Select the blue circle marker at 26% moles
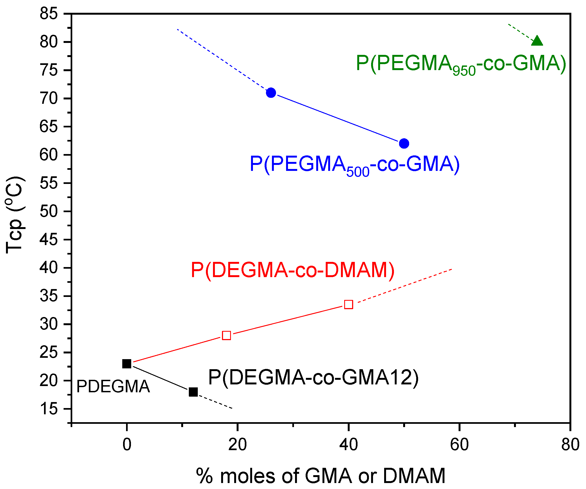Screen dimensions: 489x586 pyautogui.click(x=271, y=93)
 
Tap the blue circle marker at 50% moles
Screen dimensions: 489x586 pyautogui.click(x=404, y=143)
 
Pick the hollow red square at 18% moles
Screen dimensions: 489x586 pyautogui.click(x=226, y=336)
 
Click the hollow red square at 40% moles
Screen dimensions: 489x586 pyautogui.click(x=349, y=305)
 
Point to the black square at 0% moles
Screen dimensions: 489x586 pyautogui.click(x=127, y=364)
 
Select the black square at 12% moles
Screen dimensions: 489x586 pyautogui.click(x=193, y=392)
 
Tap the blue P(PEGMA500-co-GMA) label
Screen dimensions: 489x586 pyautogui.click(x=354, y=165)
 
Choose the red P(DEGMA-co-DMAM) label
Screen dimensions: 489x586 pyautogui.click(x=292, y=270)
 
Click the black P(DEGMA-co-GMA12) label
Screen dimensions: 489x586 pyautogui.click(x=313, y=378)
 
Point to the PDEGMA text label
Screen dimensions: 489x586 pyautogui.click(x=113, y=387)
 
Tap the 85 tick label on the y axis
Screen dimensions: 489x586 pyautogui.click(x=49, y=13)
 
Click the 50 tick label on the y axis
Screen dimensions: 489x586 pyautogui.click(x=49, y=211)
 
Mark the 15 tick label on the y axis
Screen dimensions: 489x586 pyautogui.click(x=49, y=409)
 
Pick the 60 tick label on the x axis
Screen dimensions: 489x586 pyautogui.click(x=459, y=445)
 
